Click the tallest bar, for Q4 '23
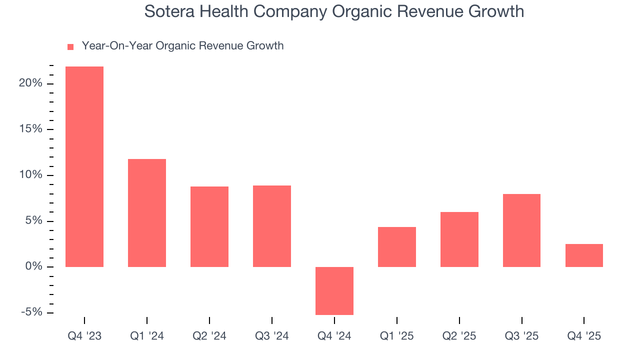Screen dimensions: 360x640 click(x=84, y=166)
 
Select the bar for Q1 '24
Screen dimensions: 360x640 click(x=147, y=213)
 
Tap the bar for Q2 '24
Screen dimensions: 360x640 click(x=209, y=226)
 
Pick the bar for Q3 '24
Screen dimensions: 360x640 click(x=272, y=226)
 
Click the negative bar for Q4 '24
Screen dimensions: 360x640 click(x=334, y=290)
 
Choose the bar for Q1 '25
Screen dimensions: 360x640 click(x=397, y=247)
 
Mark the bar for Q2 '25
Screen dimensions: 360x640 click(x=459, y=239)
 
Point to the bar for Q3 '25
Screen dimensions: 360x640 click(x=521, y=230)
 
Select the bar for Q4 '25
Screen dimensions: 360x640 click(x=584, y=255)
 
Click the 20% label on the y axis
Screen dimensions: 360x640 click(x=30, y=83)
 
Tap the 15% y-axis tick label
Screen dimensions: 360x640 click(x=30, y=129)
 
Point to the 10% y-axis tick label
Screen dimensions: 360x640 click(x=30, y=175)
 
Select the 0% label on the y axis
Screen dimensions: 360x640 click(x=33, y=267)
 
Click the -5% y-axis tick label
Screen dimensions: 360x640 click(x=31, y=312)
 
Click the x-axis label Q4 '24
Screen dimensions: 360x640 click(x=334, y=336)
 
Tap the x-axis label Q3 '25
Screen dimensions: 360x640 click(x=521, y=336)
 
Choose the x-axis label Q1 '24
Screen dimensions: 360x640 click(x=147, y=336)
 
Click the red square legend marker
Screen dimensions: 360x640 click(x=70, y=47)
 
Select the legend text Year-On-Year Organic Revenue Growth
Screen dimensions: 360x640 click(x=182, y=46)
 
